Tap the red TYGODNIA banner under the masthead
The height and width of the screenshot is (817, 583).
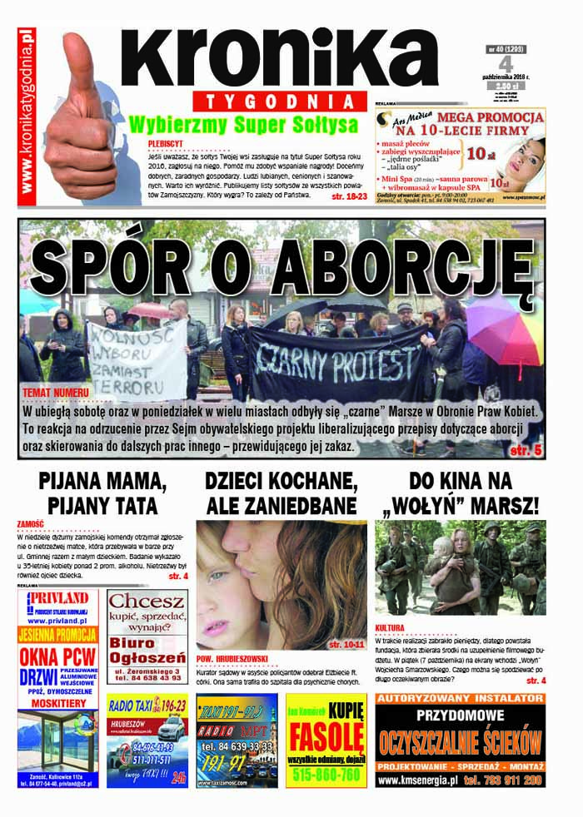coord(276,102)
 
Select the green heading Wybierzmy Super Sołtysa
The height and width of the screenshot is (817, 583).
coord(243,125)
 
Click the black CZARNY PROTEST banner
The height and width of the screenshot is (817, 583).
coord(338,362)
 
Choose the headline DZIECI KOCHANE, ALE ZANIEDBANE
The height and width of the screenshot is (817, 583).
coord(282,493)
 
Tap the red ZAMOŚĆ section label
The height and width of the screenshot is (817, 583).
coord(30,524)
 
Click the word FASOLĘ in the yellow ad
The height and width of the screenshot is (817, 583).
coord(326,736)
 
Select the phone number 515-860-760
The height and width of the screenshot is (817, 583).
coord(326,774)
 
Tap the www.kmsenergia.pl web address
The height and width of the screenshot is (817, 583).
coord(417,780)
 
